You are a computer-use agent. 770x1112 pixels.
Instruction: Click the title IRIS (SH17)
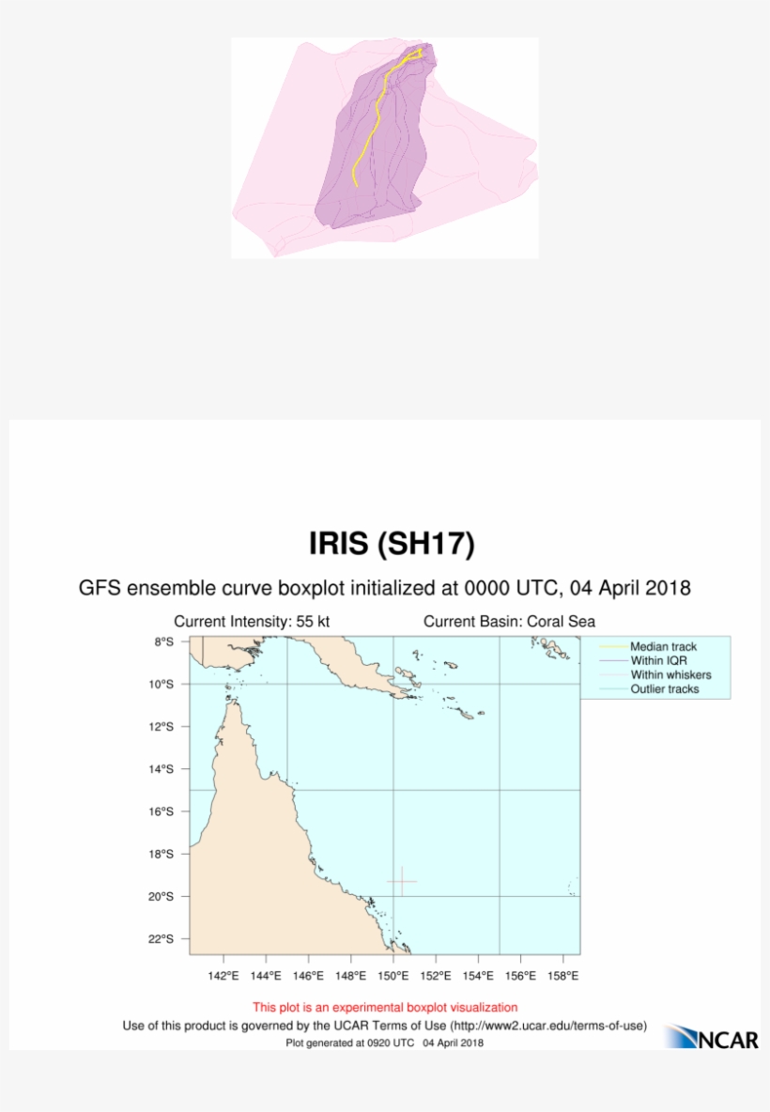point(392,544)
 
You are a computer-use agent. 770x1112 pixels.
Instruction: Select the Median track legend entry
point(662,647)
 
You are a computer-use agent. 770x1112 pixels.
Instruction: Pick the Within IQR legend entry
point(658,661)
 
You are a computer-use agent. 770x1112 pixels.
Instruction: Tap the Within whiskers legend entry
point(670,675)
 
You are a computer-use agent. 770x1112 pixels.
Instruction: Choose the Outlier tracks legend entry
point(664,689)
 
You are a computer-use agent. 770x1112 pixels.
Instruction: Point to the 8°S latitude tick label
point(164,641)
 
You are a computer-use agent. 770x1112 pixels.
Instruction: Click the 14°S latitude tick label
point(162,769)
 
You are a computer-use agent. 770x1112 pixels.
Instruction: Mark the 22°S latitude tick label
point(162,939)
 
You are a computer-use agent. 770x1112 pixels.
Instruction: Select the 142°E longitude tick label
point(223,976)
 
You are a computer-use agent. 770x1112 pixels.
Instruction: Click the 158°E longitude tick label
point(562,976)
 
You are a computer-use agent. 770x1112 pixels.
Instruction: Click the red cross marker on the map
point(402,881)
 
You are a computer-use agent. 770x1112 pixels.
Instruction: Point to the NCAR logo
point(712,1037)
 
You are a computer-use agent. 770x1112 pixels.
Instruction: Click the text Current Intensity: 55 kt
point(252,622)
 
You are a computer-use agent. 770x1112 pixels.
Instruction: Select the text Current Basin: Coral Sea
point(509,622)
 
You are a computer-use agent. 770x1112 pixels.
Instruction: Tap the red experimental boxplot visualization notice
point(385,1008)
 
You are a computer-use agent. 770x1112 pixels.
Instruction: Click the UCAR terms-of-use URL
point(548,1026)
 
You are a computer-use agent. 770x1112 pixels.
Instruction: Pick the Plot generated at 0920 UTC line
point(385,1042)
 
